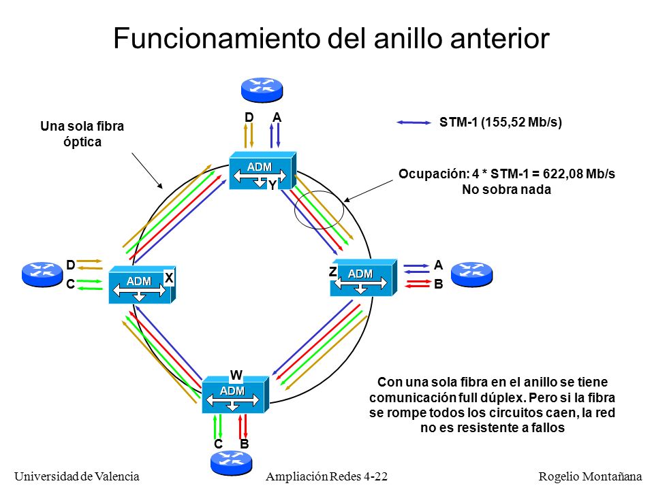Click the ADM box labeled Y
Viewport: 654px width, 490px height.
click(x=263, y=171)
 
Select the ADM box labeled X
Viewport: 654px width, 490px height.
click(x=142, y=285)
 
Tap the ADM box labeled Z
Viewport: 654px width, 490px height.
click(x=364, y=278)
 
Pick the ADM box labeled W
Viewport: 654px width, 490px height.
click(x=236, y=395)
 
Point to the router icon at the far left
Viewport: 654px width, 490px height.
click(x=42, y=274)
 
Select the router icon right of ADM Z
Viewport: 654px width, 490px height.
click(x=471, y=274)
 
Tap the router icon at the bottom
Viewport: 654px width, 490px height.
click(x=232, y=463)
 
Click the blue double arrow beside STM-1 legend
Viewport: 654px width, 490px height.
click(x=414, y=122)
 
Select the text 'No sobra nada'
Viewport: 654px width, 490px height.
click(x=506, y=190)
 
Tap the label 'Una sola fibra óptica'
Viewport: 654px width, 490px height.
click(x=82, y=134)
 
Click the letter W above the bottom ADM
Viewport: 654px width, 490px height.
click(x=236, y=375)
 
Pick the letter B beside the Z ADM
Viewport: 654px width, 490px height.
click(x=438, y=284)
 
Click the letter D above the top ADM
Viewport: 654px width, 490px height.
click(x=249, y=118)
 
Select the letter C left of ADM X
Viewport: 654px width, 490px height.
click(x=70, y=284)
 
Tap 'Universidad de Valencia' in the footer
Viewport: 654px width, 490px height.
click(x=77, y=476)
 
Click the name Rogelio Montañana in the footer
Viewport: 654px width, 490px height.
click(x=590, y=476)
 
